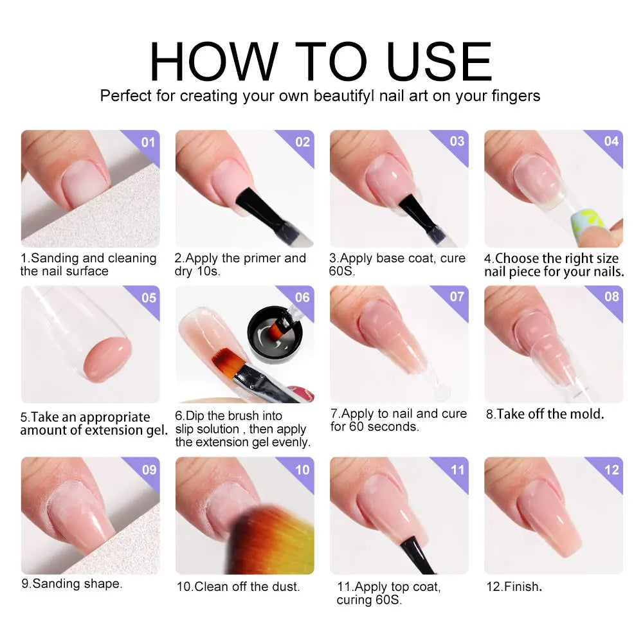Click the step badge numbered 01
tap(149, 141)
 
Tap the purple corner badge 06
tap(302, 297)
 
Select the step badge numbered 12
tap(611, 469)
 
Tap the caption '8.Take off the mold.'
tap(545, 415)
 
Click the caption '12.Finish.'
tap(512, 586)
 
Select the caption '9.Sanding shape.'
tap(71, 584)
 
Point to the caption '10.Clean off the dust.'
tap(239, 586)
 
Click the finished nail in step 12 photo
tap(547, 514)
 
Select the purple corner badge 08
tap(611, 297)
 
